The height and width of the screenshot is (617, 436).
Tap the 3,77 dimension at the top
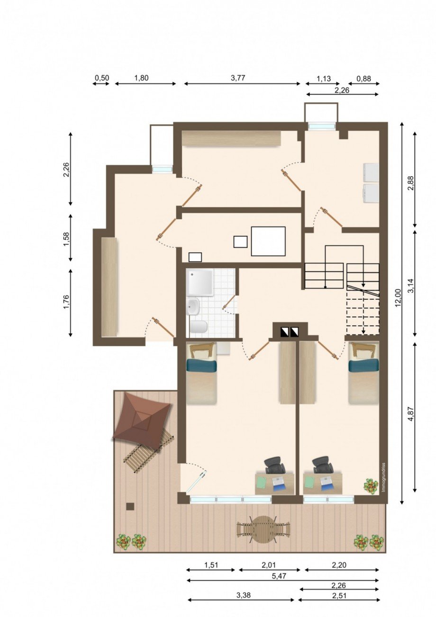238,78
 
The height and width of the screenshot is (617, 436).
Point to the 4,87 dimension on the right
411,422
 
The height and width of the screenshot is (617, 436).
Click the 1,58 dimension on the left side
67,239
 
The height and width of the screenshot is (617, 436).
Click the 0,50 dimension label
102,78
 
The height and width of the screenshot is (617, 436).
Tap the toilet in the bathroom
199,327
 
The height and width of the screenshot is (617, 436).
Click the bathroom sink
194,306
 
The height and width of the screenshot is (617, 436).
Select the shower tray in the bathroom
200,283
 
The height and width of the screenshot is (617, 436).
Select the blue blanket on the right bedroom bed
363,366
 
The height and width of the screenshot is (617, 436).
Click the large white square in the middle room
268,241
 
